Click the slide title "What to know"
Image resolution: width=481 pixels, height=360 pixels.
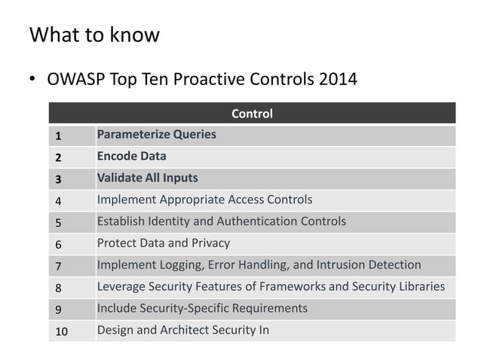point(94,35)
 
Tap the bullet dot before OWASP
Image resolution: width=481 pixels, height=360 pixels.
point(33,79)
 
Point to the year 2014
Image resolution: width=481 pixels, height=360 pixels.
point(338,78)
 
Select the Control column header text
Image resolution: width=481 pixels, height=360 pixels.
point(252,114)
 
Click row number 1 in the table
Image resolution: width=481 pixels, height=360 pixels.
point(57,136)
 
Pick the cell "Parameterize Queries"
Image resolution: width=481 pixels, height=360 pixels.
point(156,135)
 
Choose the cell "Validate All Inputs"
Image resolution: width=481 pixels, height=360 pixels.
point(147,178)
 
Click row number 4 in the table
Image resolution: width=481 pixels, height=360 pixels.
point(57,201)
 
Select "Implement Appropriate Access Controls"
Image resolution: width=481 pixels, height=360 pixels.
point(204,200)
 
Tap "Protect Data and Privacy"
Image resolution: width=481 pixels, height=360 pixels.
point(163,243)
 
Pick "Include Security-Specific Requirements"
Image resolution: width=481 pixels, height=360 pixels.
point(202,309)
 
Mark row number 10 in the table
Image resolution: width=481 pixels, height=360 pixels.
point(60,331)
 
